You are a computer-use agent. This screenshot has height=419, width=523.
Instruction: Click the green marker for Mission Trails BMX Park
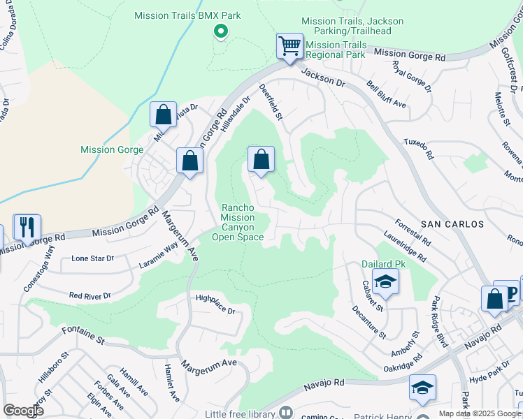coord(220,31)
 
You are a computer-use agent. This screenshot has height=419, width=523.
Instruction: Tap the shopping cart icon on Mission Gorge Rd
coord(289,46)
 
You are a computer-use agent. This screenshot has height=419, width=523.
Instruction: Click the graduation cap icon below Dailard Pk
coord(385,283)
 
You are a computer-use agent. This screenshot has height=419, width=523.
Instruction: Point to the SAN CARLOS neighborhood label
coord(452,224)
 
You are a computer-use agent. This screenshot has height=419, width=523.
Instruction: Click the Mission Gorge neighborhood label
coord(112,149)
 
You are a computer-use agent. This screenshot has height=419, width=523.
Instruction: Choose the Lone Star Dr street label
coord(92,258)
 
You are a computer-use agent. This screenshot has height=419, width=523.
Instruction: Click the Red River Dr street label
coord(89,295)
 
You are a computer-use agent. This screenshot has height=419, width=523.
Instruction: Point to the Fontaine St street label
coord(83,336)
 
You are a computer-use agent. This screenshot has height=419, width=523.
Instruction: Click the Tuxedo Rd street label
coord(418,147)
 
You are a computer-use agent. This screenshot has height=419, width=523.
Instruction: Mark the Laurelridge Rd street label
coord(405,247)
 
